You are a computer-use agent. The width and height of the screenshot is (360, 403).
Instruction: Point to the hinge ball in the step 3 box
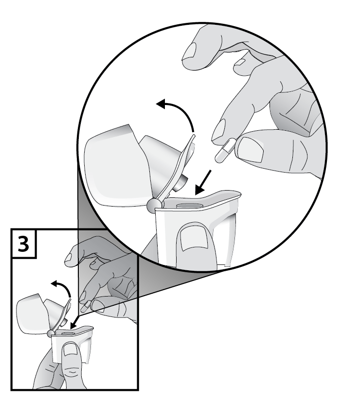pyautogui.click(x=51, y=333)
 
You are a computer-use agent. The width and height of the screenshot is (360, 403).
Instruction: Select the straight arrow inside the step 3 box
pyautogui.click(x=76, y=322)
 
